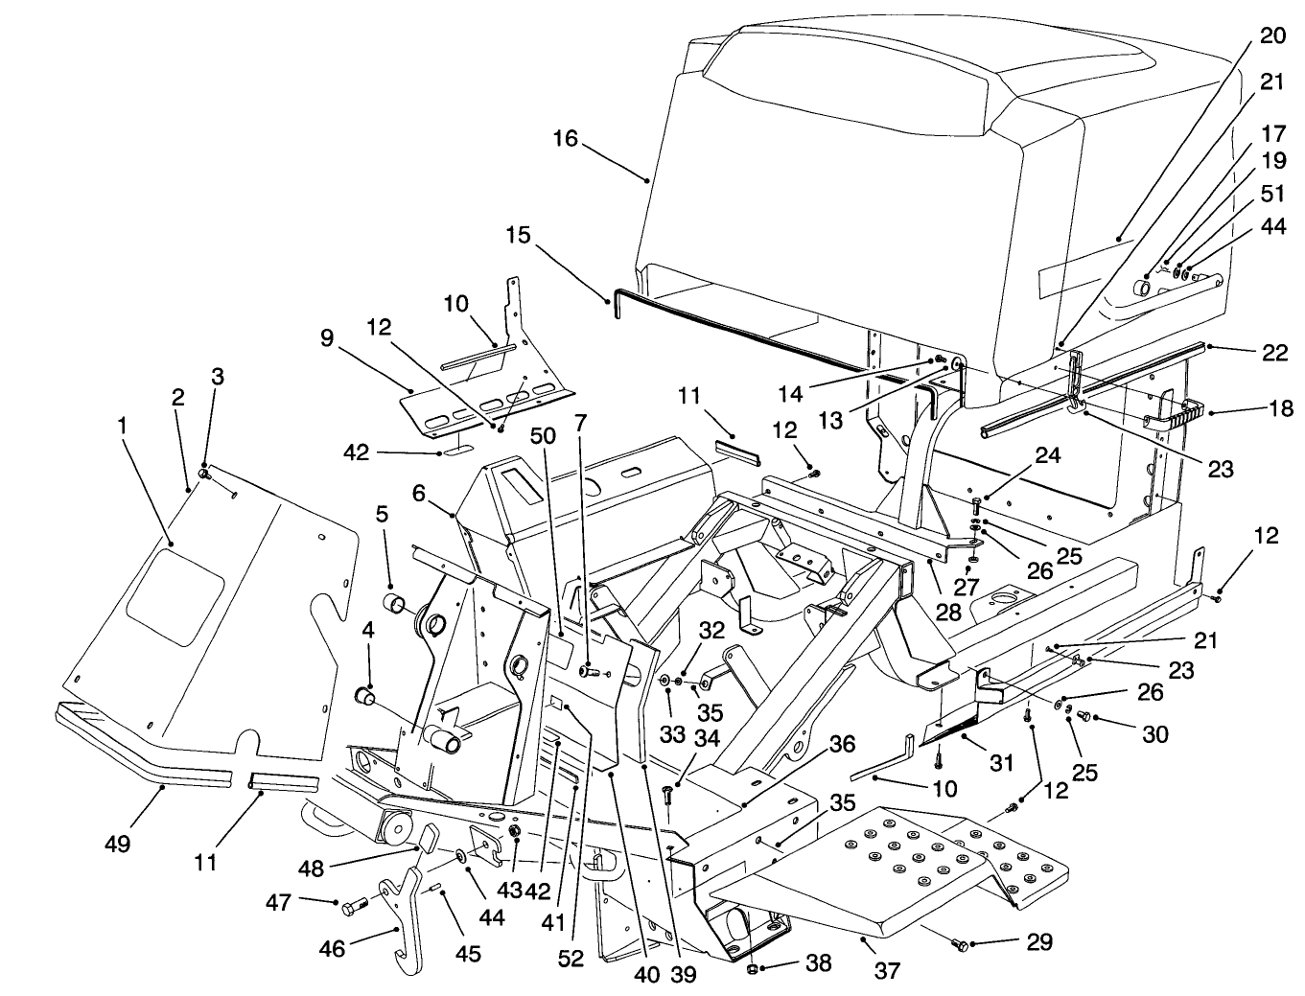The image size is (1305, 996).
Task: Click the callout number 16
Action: [565, 139]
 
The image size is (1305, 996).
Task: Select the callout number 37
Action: [888, 971]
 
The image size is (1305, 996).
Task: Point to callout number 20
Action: [1271, 35]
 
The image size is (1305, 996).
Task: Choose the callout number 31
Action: [1001, 762]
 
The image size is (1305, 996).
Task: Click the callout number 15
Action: [518, 235]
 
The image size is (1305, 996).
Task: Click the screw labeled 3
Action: [203, 473]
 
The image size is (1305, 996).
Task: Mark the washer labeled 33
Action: [664, 680]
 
